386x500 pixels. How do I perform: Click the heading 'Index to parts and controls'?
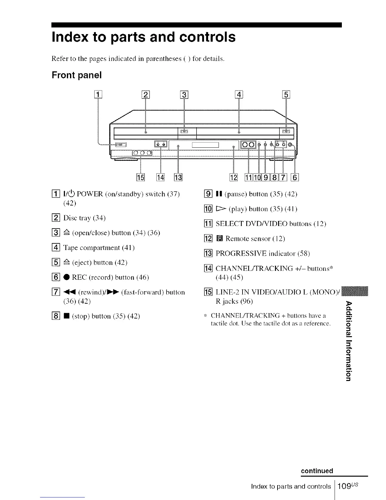143,37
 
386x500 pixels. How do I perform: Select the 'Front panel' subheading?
77,75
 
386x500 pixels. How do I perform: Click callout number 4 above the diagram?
239,95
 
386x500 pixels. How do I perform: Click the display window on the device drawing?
205,145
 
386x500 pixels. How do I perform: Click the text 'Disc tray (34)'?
84,218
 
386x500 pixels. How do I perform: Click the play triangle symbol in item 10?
220,209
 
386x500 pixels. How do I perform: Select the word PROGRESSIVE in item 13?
241,253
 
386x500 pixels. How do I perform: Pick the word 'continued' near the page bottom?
317,471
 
